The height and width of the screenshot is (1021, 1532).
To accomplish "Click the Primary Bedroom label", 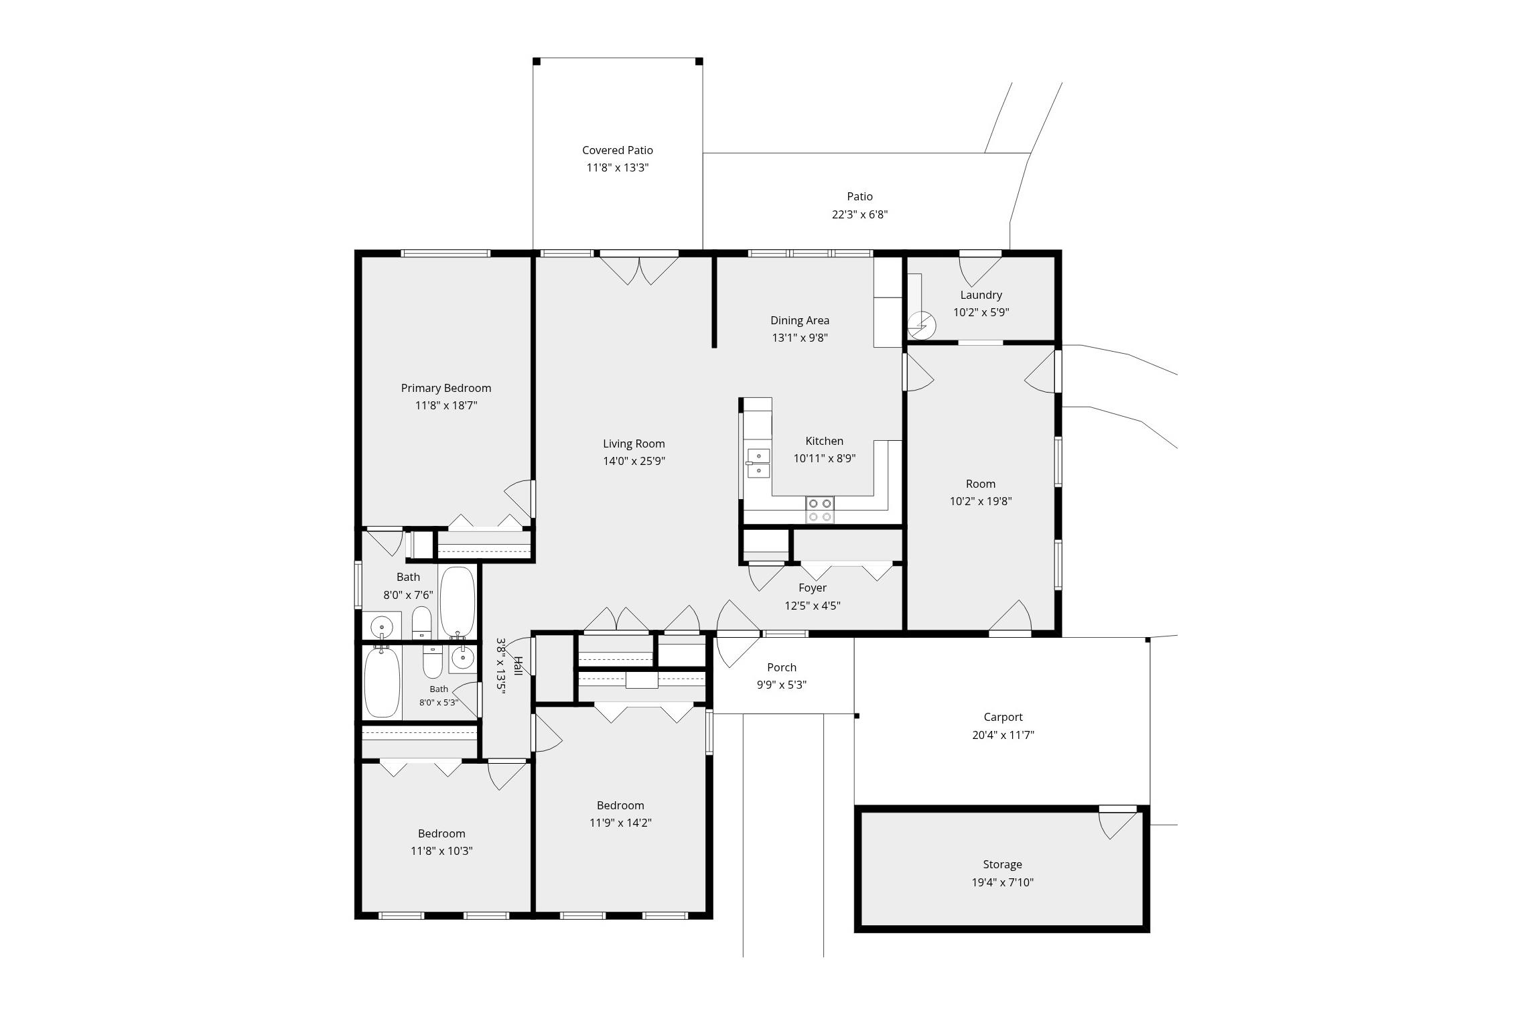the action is pos(446,388).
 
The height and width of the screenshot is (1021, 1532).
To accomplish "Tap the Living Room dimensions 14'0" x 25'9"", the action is pos(634,461).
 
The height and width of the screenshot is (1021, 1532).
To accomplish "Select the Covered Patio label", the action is pos(618,150).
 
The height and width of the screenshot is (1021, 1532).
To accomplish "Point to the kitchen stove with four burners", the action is pos(820,510).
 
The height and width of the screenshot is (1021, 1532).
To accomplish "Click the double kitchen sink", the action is pos(759,463).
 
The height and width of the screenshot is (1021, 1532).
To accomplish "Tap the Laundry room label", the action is pos(981,295).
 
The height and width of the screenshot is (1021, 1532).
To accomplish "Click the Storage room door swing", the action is pos(1118,823).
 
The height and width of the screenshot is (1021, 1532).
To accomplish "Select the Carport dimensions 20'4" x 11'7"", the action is pos(1003,735).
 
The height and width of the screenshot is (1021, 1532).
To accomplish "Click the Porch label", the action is pos(782,667).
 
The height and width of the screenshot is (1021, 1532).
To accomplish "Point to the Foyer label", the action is pos(813,588).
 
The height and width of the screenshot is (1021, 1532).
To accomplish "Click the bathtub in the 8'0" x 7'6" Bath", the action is pos(458,602).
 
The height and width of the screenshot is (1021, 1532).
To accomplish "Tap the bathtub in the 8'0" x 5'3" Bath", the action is pos(382,681).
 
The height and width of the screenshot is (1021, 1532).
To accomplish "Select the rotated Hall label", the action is pos(518,667).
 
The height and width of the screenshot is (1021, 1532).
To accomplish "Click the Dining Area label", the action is pos(800,320).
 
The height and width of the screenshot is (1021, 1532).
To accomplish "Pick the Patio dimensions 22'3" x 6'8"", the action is pos(860,214).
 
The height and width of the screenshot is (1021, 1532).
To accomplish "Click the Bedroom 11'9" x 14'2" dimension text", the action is pos(621,823).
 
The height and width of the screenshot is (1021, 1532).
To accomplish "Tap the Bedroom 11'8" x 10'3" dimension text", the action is pos(442,851).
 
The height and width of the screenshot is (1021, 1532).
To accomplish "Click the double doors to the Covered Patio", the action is pos(639,268).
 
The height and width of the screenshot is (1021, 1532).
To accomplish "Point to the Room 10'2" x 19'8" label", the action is pos(981,484).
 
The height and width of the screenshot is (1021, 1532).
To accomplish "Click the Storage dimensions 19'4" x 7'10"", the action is pos(1003,882).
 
